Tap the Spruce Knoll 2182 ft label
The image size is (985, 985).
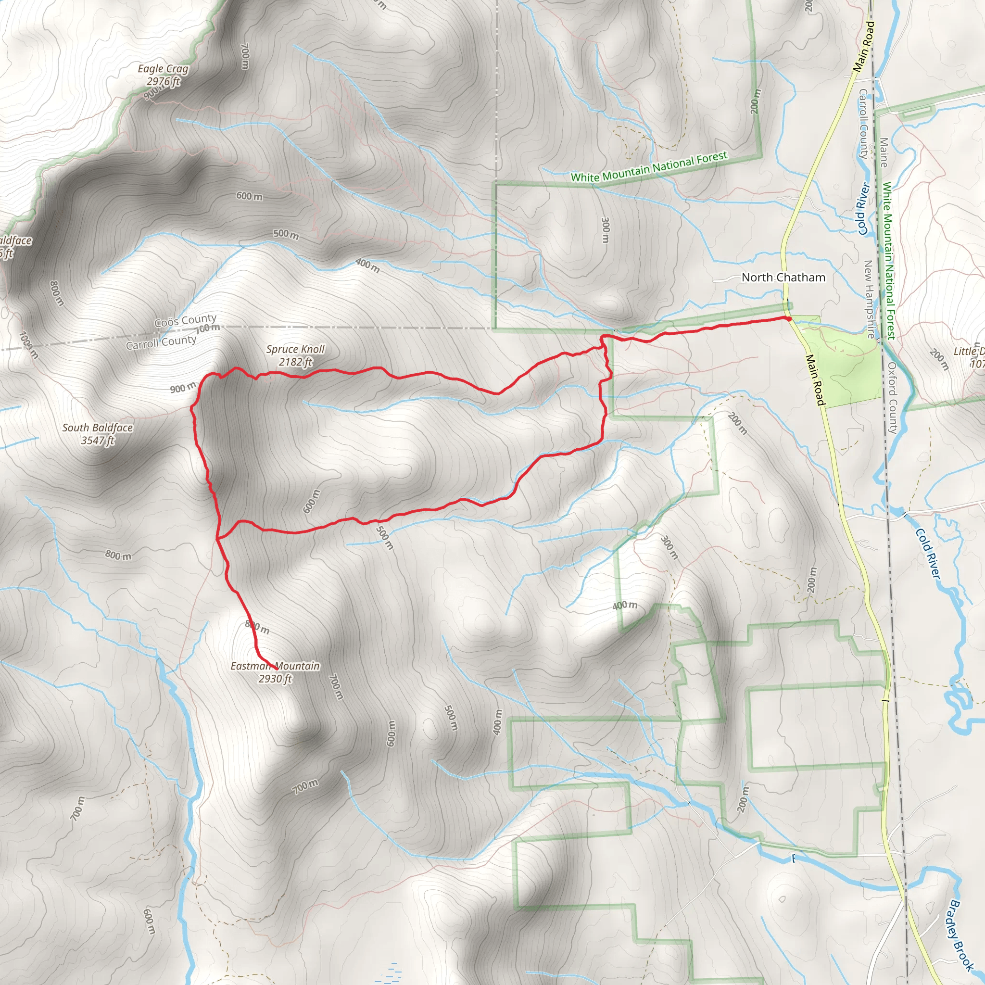pyautogui.click(x=295, y=355)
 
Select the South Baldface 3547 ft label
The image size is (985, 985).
pyautogui.click(x=97, y=434)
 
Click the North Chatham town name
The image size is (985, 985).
pyautogui.click(x=783, y=278)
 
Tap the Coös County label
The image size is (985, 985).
pyautogui.click(x=185, y=321)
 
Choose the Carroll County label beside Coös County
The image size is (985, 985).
pyautogui.click(x=161, y=342)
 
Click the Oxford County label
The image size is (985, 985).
pyautogui.click(x=892, y=398)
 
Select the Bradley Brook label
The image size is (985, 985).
pyautogui.click(x=960, y=935)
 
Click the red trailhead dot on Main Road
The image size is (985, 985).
pyautogui.click(x=789, y=319)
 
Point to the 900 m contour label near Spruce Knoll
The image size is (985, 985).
pyautogui.click(x=182, y=388)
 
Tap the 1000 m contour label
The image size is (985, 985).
pyautogui.click(x=28, y=345)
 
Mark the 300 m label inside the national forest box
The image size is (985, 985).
pyautogui.click(x=605, y=230)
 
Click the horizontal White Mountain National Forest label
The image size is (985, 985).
pyautogui.click(x=648, y=167)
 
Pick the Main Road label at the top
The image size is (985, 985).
pyautogui.click(x=864, y=46)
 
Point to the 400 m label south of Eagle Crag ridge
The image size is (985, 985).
pyautogui.click(x=367, y=265)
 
